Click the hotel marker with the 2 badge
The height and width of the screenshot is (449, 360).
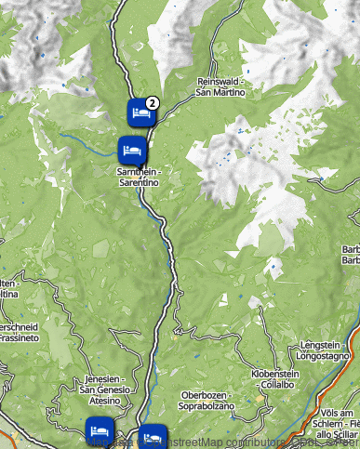click(140, 113)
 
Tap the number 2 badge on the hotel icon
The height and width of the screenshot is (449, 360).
click(153, 102)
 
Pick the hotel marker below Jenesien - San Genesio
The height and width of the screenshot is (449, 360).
click(100, 430)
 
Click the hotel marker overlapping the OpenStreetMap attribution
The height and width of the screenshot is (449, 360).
click(152, 436)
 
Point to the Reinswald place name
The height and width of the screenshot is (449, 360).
click(220, 82)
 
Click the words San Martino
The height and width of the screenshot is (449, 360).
click(220, 92)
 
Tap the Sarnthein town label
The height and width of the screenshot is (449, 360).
click(139, 173)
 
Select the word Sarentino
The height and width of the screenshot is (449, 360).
click(139, 183)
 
